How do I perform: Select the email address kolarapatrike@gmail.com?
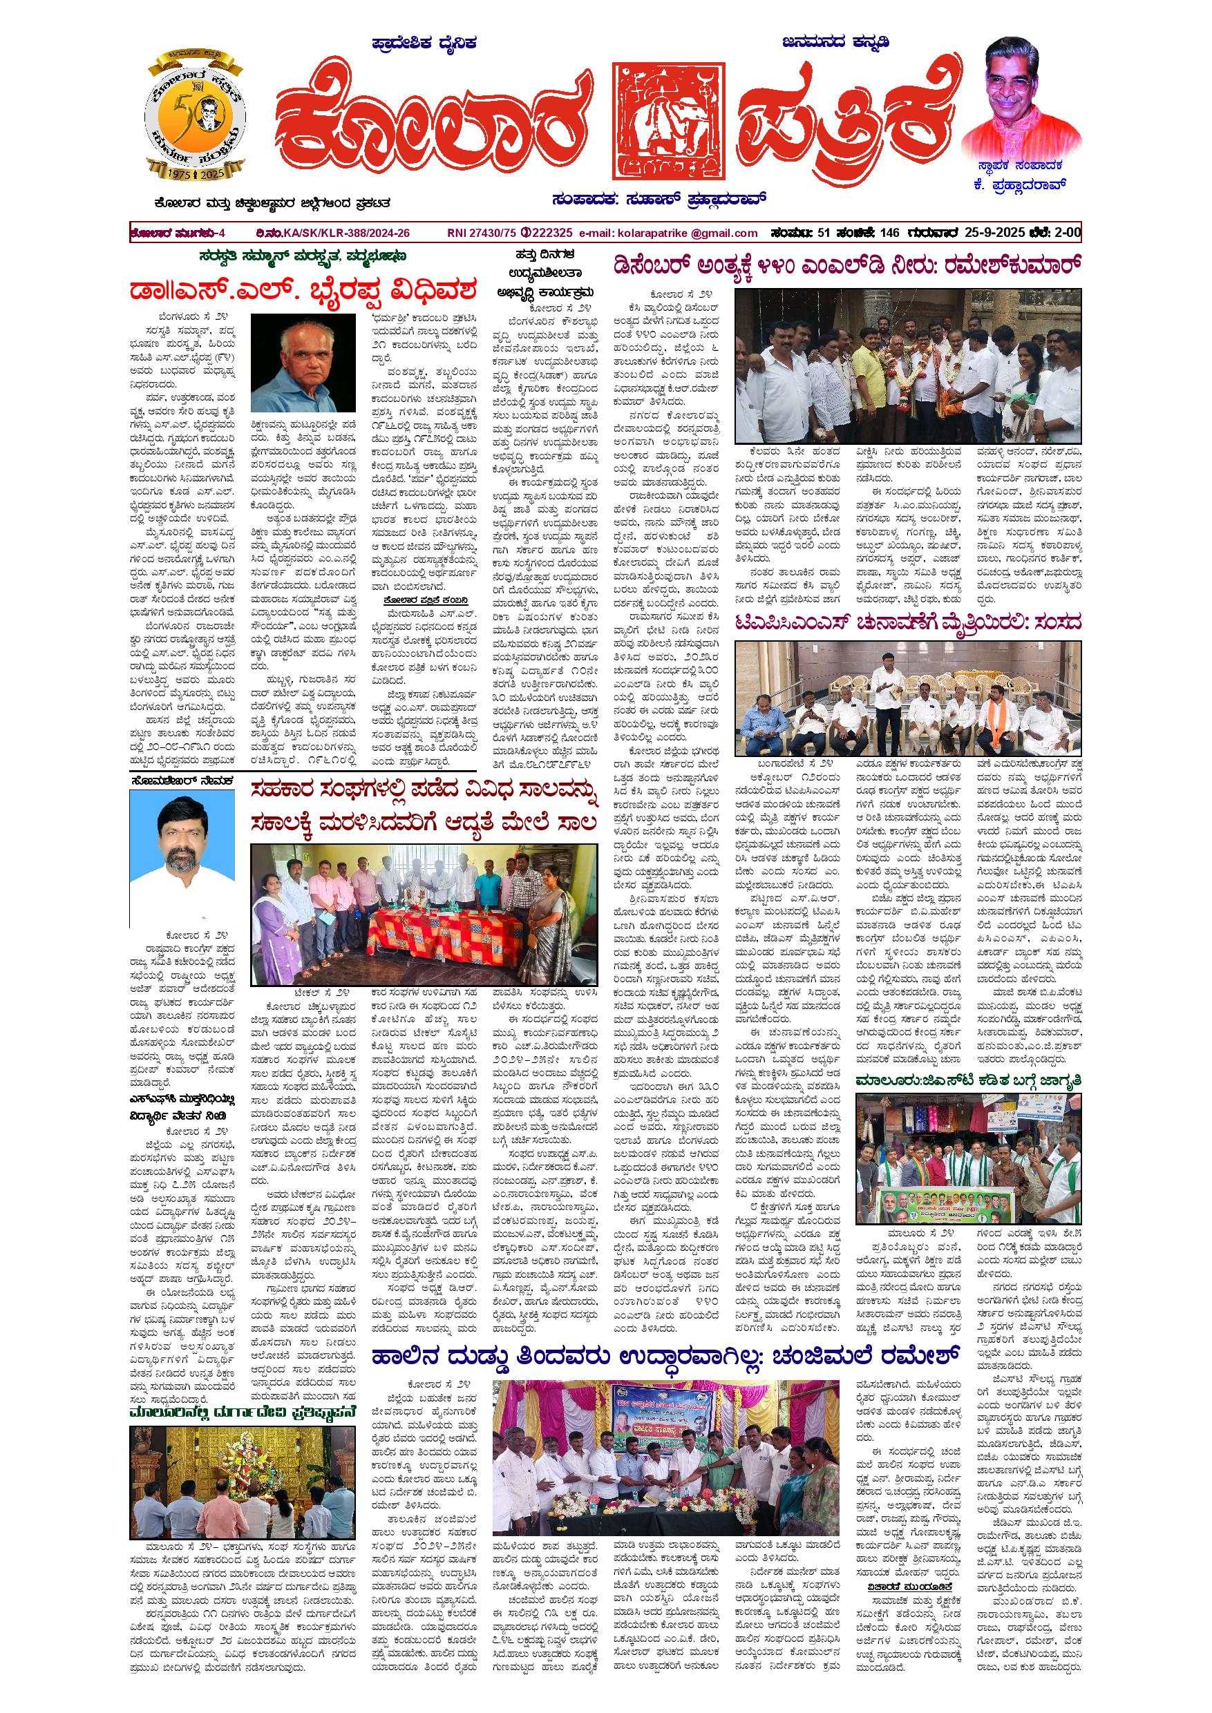[x=669, y=233]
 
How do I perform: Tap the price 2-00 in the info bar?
[x=1065, y=233]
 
